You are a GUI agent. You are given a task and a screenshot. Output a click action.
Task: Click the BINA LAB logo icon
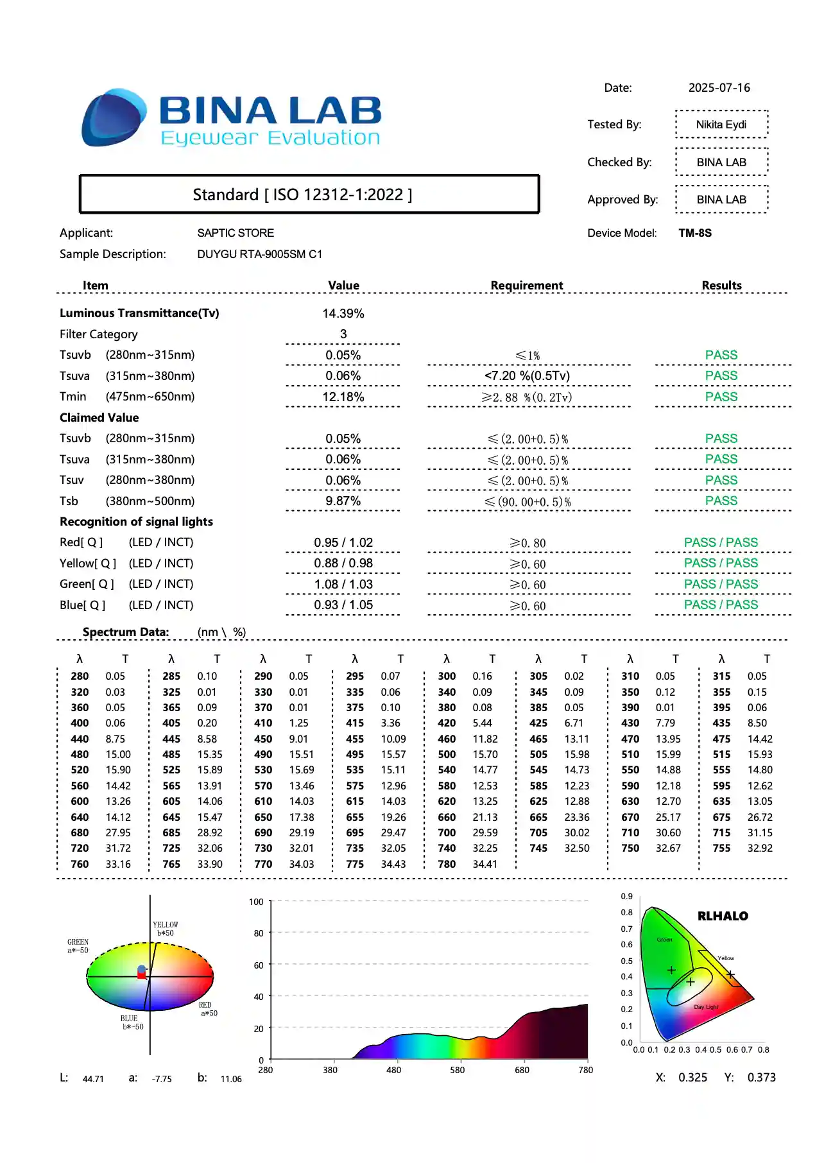[x=113, y=118]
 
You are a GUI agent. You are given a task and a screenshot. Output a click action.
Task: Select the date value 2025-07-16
[x=719, y=88]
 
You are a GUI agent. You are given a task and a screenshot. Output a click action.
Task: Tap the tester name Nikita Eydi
[x=721, y=125]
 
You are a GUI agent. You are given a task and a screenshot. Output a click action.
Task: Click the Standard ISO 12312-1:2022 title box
[x=309, y=194]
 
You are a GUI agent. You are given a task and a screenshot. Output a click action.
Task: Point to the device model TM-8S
[x=695, y=233]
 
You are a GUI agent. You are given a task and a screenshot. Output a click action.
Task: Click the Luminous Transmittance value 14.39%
[x=343, y=313]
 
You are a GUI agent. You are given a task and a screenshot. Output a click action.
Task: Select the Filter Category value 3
[x=343, y=334]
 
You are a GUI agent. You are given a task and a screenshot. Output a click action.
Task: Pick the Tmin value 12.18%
[x=343, y=397]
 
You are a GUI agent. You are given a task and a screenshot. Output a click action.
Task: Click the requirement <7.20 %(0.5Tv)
[x=527, y=375]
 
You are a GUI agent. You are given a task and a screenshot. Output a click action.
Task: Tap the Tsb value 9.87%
[x=343, y=501]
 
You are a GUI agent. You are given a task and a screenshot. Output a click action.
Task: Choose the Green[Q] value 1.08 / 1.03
[x=343, y=584]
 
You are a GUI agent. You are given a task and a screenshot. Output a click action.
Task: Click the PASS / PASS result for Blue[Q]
[x=721, y=605]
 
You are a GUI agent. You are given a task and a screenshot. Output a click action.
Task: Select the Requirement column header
[x=526, y=285]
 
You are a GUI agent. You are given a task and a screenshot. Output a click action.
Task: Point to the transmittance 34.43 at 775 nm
[x=393, y=864]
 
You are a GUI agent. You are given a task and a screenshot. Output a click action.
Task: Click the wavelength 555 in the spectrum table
[x=721, y=770]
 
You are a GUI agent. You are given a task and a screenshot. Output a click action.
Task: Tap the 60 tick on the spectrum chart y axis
[x=259, y=965]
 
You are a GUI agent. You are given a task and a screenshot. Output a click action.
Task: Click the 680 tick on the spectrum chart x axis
[x=522, y=1070]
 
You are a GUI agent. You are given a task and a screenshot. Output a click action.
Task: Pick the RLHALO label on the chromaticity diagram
[x=723, y=916]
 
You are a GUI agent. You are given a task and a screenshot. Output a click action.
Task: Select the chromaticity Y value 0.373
[x=761, y=1077]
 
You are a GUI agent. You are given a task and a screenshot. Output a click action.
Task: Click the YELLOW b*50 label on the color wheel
[x=166, y=929]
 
